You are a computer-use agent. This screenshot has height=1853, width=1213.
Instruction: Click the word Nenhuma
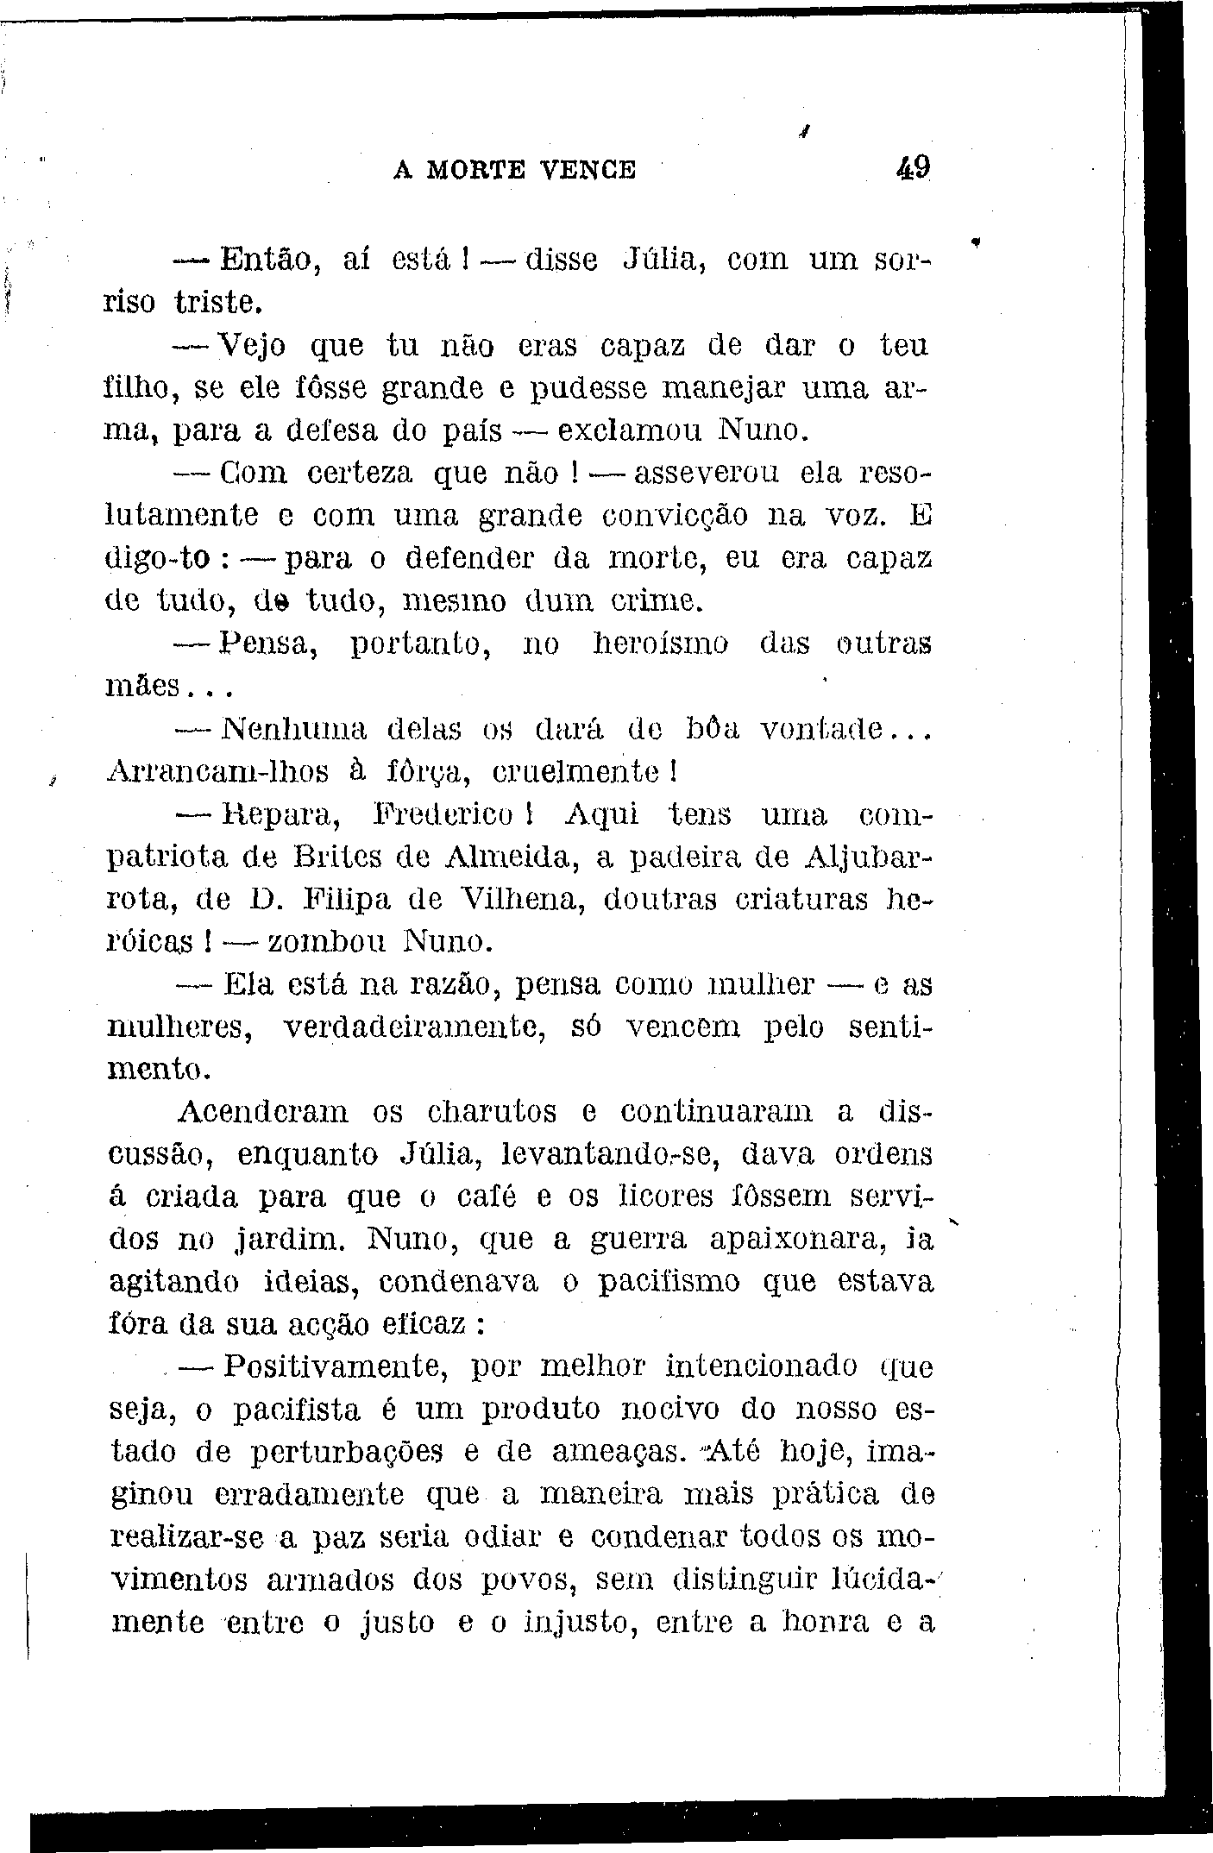coord(293,729)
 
